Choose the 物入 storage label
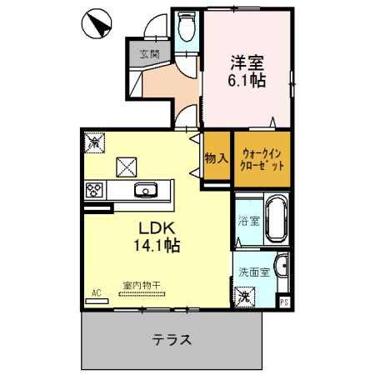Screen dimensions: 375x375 click(216, 158)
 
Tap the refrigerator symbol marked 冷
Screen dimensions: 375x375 click(95, 143)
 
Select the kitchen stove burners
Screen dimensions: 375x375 click(94, 192)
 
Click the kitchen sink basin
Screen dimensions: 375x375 click(146, 191)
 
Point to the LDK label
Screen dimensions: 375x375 click(154, 227)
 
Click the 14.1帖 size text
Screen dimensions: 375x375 click(156, 246)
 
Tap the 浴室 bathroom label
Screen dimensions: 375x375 click(248, 222)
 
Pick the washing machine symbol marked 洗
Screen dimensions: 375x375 click(245, 295)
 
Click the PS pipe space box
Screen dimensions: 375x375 click(284, 302)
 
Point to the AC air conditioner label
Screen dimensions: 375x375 click(96, 293)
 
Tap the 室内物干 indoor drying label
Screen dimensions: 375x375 click(143, 285)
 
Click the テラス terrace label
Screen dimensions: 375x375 click(172, 340)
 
